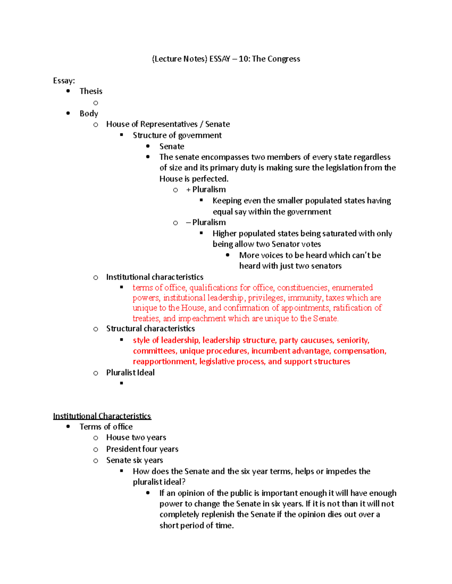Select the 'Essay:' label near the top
click(x=64, y=81)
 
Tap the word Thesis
click(x=91, y=91)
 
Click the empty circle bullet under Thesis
click(x=96, y=103)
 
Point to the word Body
click(x=89, y=114)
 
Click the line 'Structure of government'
click(x=177, y=135)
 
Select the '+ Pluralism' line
click(x=206, y=190)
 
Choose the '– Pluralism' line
click(x=206, y=223)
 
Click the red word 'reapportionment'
click(x=164, y=362)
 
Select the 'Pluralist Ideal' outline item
click(x=130, y=373)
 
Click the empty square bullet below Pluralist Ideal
click(x=122, y=383)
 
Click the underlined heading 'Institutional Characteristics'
click(x=102, y=416)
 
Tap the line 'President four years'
click(x=142, y=449)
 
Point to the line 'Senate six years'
click(x=134, y=460)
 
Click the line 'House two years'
click(x=136, y=437)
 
